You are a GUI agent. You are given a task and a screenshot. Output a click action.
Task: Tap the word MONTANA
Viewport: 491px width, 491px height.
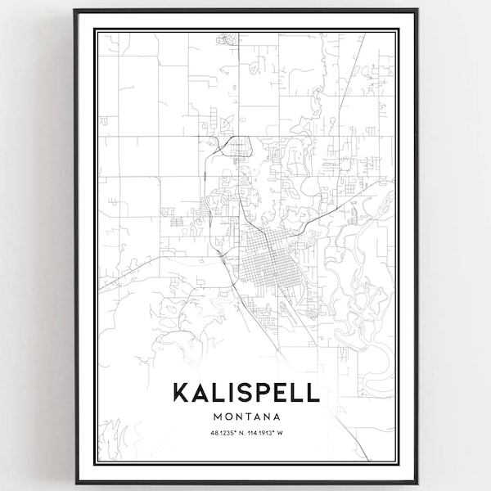point(245,417)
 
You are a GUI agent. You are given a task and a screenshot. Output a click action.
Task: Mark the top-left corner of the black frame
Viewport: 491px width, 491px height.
point(75,11)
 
